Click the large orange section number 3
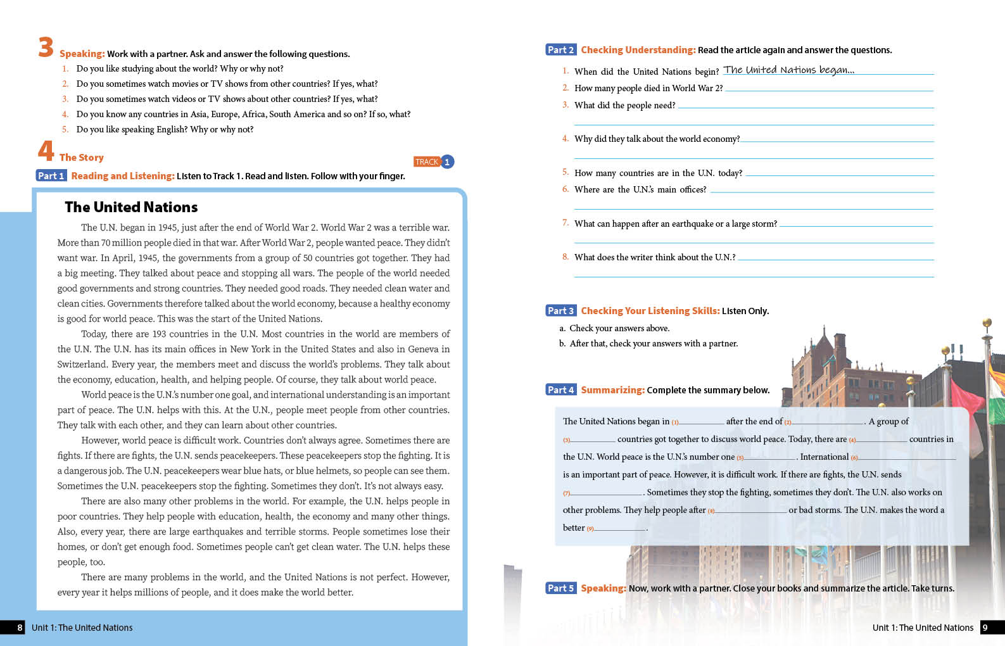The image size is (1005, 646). (46, 47)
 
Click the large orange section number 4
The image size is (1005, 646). (46, 151)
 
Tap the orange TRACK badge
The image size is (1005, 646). (426, 162)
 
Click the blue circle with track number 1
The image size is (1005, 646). (447, 162)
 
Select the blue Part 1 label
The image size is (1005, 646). (51, 176)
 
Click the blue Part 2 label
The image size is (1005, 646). (560, 50)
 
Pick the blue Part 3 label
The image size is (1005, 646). (560, 311)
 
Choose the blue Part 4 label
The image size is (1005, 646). (560, 390)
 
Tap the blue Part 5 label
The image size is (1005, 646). (560, 588)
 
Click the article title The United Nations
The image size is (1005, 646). (131, 207)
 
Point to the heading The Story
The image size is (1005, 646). (81, 158)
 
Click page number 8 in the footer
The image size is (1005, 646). (20, 628)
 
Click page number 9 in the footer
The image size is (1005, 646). (985, 628)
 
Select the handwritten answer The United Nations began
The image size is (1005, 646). (788, 70)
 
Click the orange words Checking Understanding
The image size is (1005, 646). (638, 50)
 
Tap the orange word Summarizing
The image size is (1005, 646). (612, 390)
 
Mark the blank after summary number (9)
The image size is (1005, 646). (621, 529)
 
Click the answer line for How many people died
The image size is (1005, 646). (829, 89)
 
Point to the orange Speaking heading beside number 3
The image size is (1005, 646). (82, 54)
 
